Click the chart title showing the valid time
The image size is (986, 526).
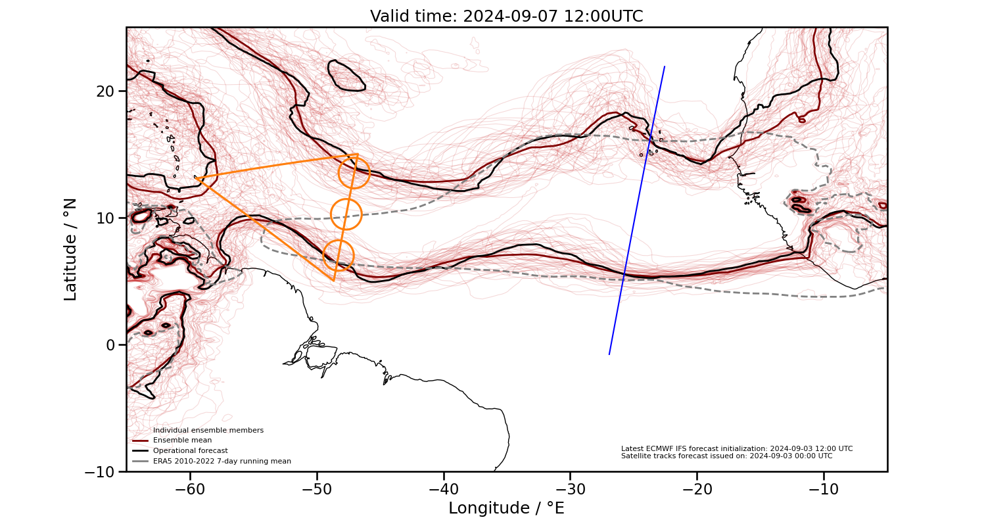point(506,16)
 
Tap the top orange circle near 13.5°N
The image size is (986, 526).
point(354,173)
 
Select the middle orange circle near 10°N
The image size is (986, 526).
point(346,214)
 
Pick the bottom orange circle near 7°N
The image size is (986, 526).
point(339,256)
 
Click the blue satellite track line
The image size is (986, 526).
point(637,210)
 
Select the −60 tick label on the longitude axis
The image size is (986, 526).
point(190,489)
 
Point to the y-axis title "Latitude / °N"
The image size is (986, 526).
point(70,249)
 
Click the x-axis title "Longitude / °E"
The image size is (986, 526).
point(506,508)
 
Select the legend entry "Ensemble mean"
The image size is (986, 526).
point(182,441)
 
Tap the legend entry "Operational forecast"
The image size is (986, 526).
point(190,451)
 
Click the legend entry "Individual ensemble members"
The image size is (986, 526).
point(208,431)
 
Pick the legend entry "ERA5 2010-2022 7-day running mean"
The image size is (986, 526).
point(222,462)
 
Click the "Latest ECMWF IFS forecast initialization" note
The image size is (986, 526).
point(736,448)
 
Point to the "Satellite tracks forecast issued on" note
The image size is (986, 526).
point(726,456)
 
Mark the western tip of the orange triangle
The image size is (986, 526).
point(195,177)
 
